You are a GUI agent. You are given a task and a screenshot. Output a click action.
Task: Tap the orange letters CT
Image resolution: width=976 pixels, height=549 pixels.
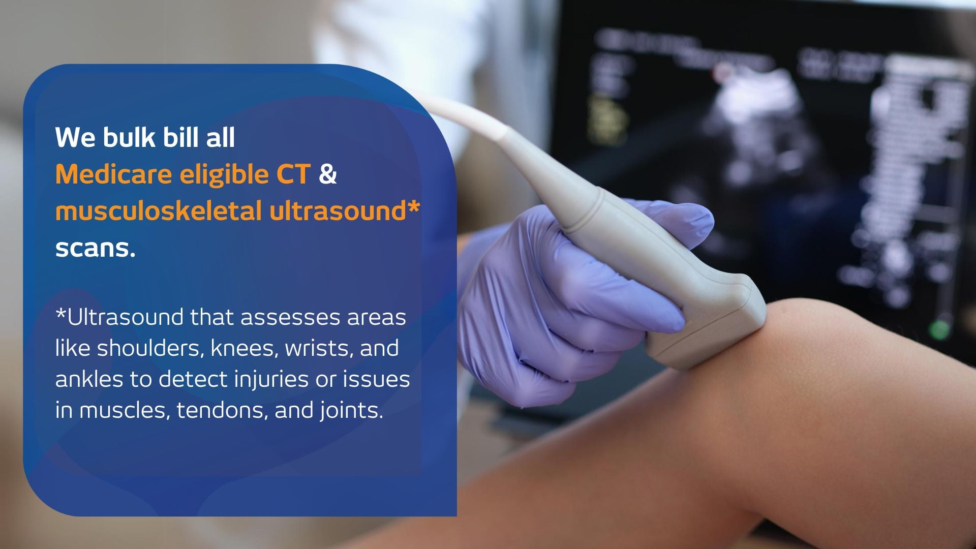pyautogui.click(x=293, y=174)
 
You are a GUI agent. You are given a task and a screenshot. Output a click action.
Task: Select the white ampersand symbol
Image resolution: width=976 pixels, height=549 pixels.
pyautogui.click(x=328, y=174)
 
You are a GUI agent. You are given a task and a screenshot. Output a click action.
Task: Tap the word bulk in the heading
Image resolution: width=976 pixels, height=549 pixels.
pyautogui.click(x=129, y=137)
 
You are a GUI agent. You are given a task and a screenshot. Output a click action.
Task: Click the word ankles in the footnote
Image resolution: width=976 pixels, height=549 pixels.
pyautogui.click(x=89, y=379)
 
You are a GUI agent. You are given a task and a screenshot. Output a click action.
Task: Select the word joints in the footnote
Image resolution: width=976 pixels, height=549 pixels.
pyautogui.click(x=351, y=410)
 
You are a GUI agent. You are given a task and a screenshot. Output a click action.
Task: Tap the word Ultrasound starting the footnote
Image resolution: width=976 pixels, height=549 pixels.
pyautogui.click(x=125, y=317)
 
